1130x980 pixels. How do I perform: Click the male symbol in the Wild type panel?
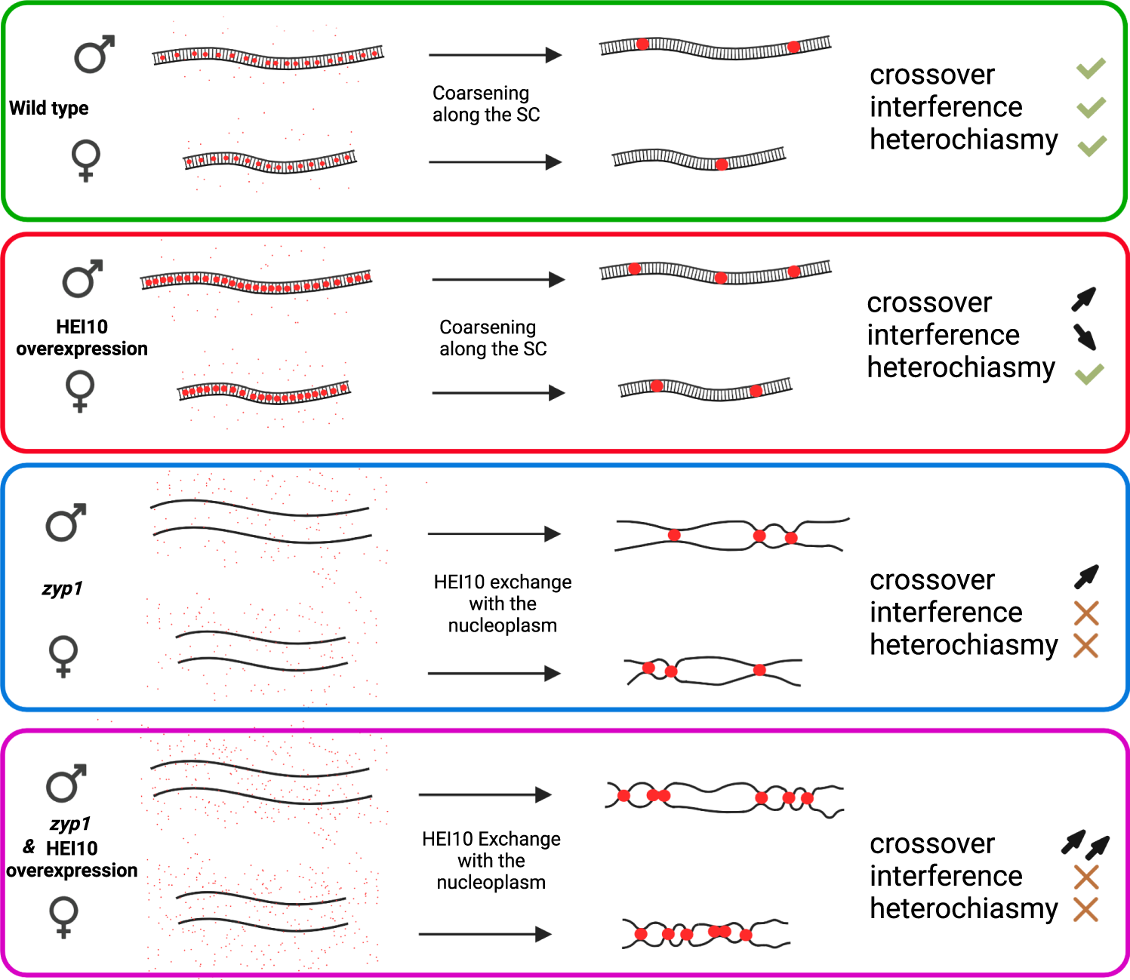pos(94,54)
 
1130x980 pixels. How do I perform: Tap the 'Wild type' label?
pos(49,108)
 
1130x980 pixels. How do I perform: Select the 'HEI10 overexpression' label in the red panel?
pos(82,337)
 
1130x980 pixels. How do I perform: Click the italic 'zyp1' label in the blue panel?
pos(62,588)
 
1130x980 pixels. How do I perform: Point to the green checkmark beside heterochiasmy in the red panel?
pos(1089,373)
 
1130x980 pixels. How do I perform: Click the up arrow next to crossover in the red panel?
pos(1084,299)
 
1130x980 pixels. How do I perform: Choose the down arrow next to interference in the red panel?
pos(1085,336)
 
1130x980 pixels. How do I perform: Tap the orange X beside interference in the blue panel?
pos(1085,613)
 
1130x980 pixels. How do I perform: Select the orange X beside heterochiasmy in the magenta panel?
pos(1085,910)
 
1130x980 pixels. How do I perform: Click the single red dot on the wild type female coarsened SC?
pos(722,164)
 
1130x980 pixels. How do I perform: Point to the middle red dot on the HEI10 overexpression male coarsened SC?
pos(721,278)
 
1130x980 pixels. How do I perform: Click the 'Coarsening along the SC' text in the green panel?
pos(486,104)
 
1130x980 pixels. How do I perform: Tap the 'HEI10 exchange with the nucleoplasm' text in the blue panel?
pos(502,604)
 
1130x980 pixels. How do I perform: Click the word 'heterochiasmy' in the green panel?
pos(963,140)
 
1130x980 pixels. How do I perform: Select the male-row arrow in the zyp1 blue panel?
pos(494,534)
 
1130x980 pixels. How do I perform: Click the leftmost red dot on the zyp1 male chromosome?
pos(674,535)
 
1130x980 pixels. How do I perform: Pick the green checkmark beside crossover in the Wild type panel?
pos(1091,69)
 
